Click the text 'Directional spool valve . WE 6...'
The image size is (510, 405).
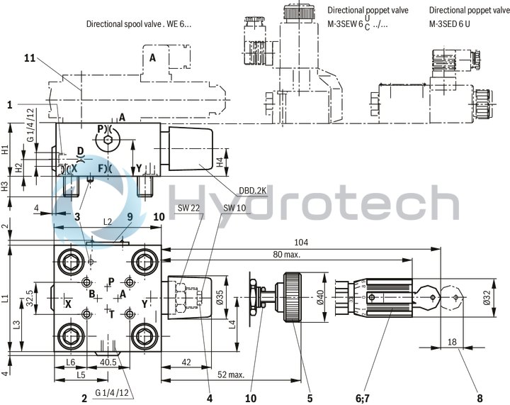(139, 24)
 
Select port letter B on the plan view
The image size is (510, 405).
(91, 294)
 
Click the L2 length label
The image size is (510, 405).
(108, 222)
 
